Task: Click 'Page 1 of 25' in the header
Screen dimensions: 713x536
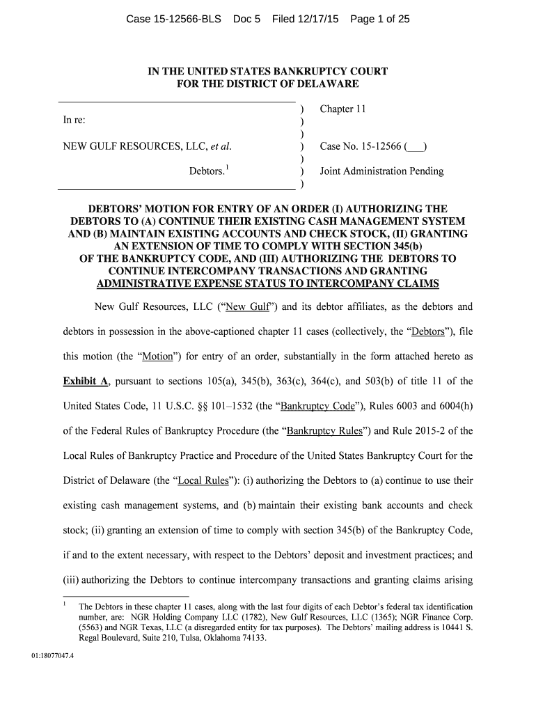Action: (379, 19)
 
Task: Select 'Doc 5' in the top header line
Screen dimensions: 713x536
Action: (246, 19)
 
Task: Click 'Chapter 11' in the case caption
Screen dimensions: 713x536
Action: (342, 109)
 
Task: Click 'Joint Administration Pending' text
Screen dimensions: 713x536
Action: (381, 171)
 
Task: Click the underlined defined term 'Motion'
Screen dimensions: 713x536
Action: (157, 356)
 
